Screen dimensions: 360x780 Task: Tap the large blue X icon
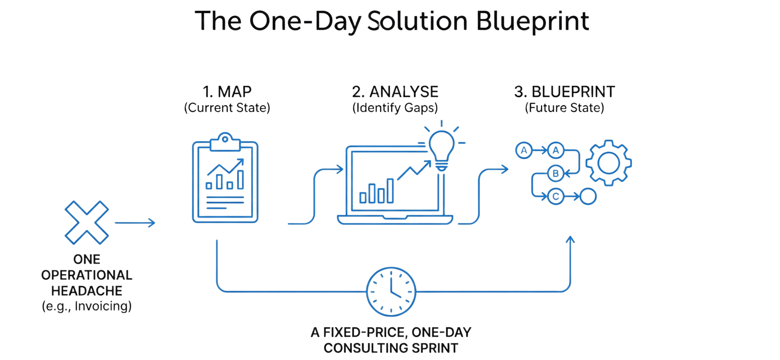[x=87, y=222]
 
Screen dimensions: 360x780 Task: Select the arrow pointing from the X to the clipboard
[x=135, y=223]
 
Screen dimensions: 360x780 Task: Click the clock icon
[x=391, y=291]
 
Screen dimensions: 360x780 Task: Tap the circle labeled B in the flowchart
[x=556, y=173]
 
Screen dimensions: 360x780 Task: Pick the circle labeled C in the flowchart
[x=555, y=196]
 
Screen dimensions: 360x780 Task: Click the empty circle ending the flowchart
[x=588, y=196]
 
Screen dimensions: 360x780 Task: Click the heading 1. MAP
[x=227, y=92]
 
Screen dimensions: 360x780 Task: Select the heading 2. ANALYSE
[x=395, y=92]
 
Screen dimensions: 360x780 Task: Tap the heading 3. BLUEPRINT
[x=564, y=92]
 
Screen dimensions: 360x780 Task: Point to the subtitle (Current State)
[x=227, y=108]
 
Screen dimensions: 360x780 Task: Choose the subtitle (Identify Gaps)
[x=395, y=108]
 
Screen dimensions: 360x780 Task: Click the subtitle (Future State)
[x=564, y=108]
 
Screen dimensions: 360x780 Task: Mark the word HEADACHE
[x=87, y=291]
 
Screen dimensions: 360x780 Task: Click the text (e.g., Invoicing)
[x=87, y=306]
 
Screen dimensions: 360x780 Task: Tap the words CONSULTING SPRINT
[x=391, y=348]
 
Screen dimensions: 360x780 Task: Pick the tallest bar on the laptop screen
[x=390, y=190]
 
